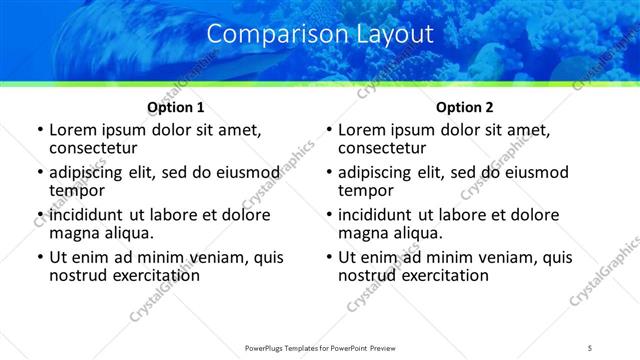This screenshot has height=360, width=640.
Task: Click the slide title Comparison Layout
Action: tap(320, 33)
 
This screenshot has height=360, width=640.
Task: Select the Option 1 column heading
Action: tap(176, 107)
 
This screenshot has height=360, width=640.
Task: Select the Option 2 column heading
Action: tap(464, 107)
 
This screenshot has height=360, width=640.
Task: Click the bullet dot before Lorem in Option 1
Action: tap(39, 130)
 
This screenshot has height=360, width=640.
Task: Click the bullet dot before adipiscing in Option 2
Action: tap(328, 173)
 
